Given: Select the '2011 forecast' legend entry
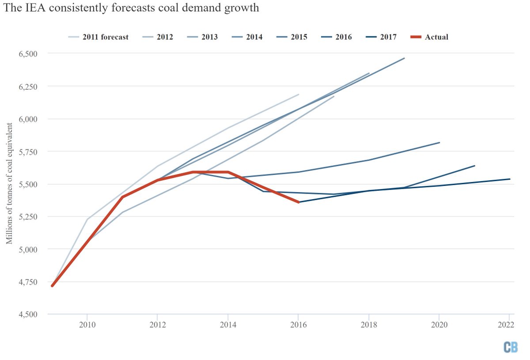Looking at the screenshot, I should (x=105, y=37).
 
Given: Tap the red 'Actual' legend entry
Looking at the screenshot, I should (x=436, y=37).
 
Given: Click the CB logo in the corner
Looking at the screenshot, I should (x=511, y=347).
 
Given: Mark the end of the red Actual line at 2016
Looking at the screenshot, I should (x=299, y=202).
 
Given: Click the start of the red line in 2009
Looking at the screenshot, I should (x=52, y=286).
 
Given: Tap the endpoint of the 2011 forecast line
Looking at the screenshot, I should (x=299, y=95).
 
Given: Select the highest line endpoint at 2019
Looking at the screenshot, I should (x=404, y=58).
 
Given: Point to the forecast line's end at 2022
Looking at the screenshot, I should (x=510, y=179).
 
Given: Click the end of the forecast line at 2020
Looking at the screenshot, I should (x=439, y=142).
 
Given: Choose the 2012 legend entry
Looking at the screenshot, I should (x=164, y=37).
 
